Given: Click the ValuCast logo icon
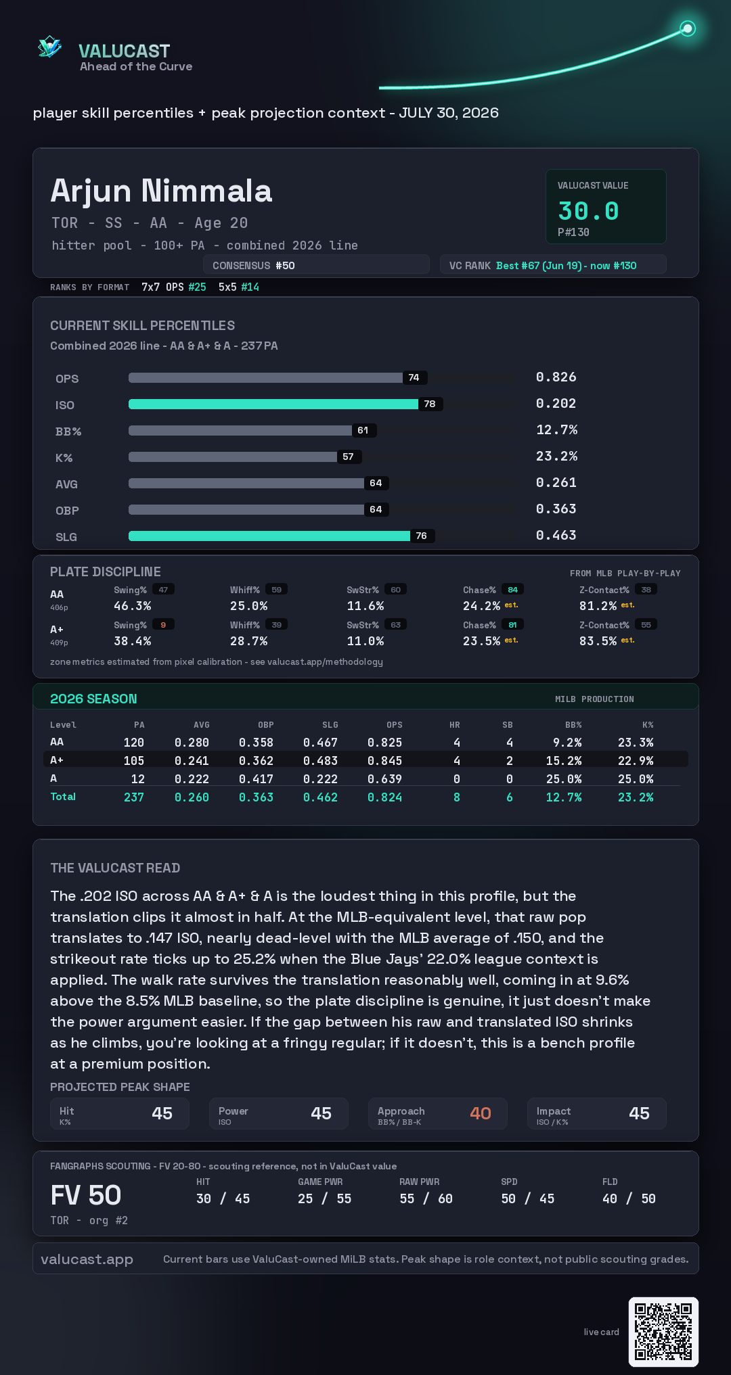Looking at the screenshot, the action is pyautogui.click(x=50, y=47).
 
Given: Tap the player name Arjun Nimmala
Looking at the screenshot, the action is pyautogui.click(x=161, y=191).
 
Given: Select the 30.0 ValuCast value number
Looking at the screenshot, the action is pyautogui.click(x=588, y=211).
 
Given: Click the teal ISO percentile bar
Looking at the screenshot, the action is pyautogui.click(x=273, y=404).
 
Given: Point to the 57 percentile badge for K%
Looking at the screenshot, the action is pyautogui.click(x=349, y=457).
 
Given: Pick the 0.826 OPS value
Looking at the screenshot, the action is pyautogui.click(x=556, y=377).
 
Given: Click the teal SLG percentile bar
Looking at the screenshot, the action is pyautogui.click(x=269, y=536).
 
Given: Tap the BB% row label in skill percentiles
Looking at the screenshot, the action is pyautogui.click(x=68, y=432).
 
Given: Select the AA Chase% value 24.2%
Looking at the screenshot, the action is pyautogui.click(x=481, y=606).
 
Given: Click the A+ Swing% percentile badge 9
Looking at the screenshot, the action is pyautogui.click(x=163, y=625).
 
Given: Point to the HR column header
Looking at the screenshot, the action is pyautogui.click(x=455, y=725).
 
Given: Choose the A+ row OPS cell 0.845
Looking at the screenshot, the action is pyautogui.click(x=384, y=761).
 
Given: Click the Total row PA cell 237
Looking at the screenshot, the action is pyautogui.click(x=134, y=797).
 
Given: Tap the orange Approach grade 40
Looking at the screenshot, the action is pyautogui.click(x=481, y=1113).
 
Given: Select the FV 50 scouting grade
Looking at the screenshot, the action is pyautogui.click(x=86, y=1195).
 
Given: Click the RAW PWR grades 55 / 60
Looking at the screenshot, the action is pyautogui.click(x=426, y=1198).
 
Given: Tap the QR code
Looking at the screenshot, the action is pyautogui.click(x=663, y=1332).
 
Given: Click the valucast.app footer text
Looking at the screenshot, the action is pyautogui.click(x=87, y=1259).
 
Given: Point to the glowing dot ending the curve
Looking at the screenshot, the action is pyautogui.click(x=688, y=28).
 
